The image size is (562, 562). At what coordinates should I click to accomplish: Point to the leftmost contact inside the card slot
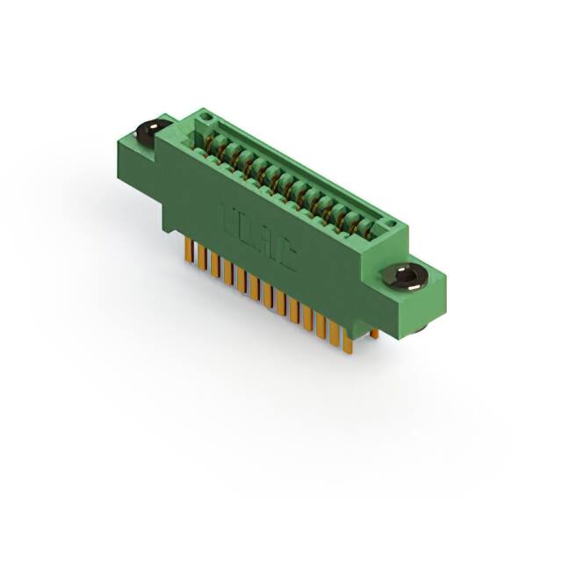pos(212,144)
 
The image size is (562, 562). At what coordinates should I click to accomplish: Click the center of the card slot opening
pos(290,180)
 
